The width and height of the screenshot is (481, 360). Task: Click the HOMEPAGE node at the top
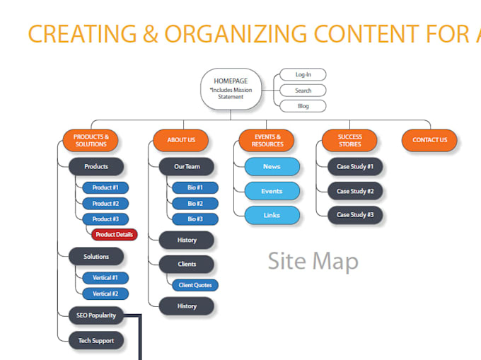tap(231, 88)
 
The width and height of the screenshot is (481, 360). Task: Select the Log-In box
tap(303, 74)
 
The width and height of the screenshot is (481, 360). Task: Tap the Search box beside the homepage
tap(303, 91)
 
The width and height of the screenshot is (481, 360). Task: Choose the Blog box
tap(303, 106)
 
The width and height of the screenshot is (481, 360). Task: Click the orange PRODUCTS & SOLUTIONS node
tap(91, 140)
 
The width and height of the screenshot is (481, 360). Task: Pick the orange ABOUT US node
tap(181, 140)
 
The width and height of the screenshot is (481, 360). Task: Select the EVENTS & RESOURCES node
tap(267, 140)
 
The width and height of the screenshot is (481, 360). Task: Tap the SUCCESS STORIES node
tap(349, 140)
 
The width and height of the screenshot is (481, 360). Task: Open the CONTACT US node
tap(429, 140)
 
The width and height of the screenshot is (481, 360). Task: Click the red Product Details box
tap(115, 234)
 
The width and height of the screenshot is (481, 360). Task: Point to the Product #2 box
tap(105, 204)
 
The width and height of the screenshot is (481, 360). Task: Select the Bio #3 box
tap(195, 219)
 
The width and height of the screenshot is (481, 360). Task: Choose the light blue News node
tap(272, 167)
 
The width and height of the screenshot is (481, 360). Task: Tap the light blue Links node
tap(272, 215)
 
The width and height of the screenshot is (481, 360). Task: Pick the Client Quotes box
tap(195, 285)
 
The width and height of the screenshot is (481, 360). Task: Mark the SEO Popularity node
tap(96, 315)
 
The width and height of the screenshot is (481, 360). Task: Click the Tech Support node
tap(96, 340)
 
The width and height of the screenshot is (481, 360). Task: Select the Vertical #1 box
tap(105, 277)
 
